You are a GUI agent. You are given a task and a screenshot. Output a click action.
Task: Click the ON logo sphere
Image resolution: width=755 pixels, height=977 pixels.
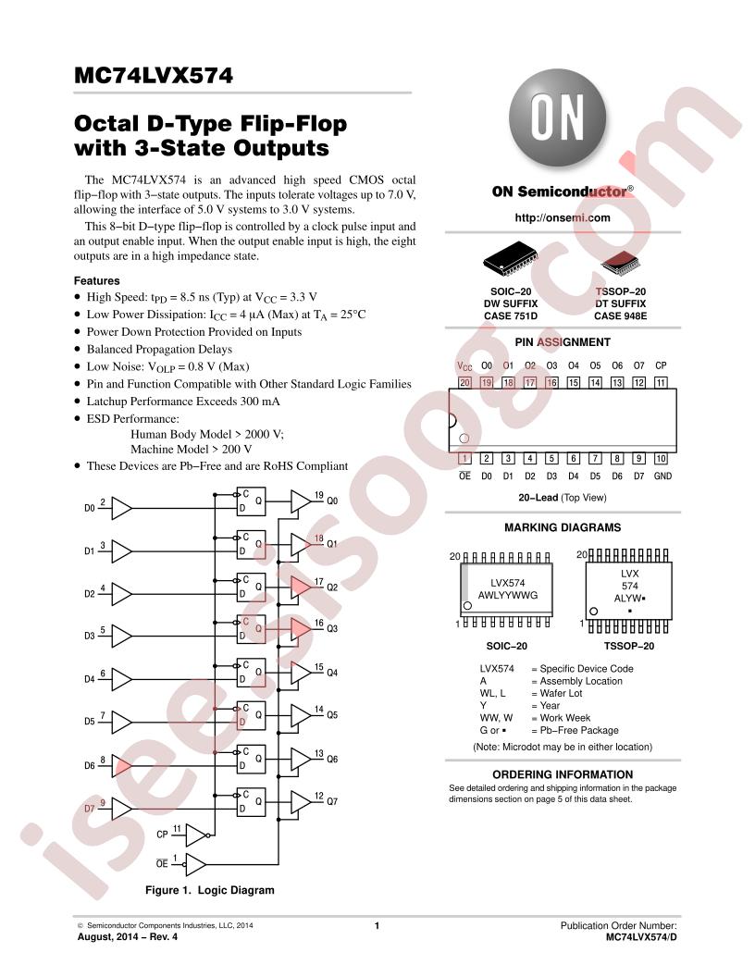558,117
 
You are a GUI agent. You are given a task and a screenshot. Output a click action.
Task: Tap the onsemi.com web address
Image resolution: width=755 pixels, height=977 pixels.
562,217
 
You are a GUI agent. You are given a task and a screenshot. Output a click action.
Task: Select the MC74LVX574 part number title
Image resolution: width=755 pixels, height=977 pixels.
154,75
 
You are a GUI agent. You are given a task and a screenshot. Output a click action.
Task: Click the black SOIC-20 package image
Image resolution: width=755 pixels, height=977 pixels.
510,258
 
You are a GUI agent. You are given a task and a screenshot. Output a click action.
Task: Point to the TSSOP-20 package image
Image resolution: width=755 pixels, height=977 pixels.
621,264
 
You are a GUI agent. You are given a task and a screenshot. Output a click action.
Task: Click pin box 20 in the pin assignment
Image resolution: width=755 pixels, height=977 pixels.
464,383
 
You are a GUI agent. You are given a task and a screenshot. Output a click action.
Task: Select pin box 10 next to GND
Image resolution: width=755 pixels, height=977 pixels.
661,459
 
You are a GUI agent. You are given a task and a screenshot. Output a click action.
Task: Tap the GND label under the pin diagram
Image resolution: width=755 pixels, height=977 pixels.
662,476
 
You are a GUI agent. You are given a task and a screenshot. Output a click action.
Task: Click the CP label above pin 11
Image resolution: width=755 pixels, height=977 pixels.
661,365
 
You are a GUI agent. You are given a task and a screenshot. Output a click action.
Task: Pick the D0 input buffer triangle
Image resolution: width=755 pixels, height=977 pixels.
121,509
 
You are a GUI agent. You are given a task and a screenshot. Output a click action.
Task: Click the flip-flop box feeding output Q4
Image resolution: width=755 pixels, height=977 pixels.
251,673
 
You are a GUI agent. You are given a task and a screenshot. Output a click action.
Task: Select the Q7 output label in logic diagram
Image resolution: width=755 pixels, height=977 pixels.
333,801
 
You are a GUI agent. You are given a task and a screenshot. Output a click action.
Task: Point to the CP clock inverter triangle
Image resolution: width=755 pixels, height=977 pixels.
197,835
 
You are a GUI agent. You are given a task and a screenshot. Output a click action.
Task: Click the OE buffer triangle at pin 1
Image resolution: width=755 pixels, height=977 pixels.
195,864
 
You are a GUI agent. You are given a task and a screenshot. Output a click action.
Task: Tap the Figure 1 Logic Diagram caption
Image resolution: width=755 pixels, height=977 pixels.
210,890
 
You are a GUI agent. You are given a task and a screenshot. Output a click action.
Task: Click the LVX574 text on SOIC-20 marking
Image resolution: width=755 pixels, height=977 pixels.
508,583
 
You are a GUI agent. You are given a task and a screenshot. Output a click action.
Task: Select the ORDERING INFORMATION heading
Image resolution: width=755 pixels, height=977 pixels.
563,774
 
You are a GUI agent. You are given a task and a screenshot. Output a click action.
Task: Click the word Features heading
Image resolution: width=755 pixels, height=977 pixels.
96,280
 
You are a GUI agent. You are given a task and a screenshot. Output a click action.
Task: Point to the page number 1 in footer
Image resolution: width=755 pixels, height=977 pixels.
377,926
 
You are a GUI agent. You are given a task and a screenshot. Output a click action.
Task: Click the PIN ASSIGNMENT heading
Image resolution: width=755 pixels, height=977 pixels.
563,342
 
